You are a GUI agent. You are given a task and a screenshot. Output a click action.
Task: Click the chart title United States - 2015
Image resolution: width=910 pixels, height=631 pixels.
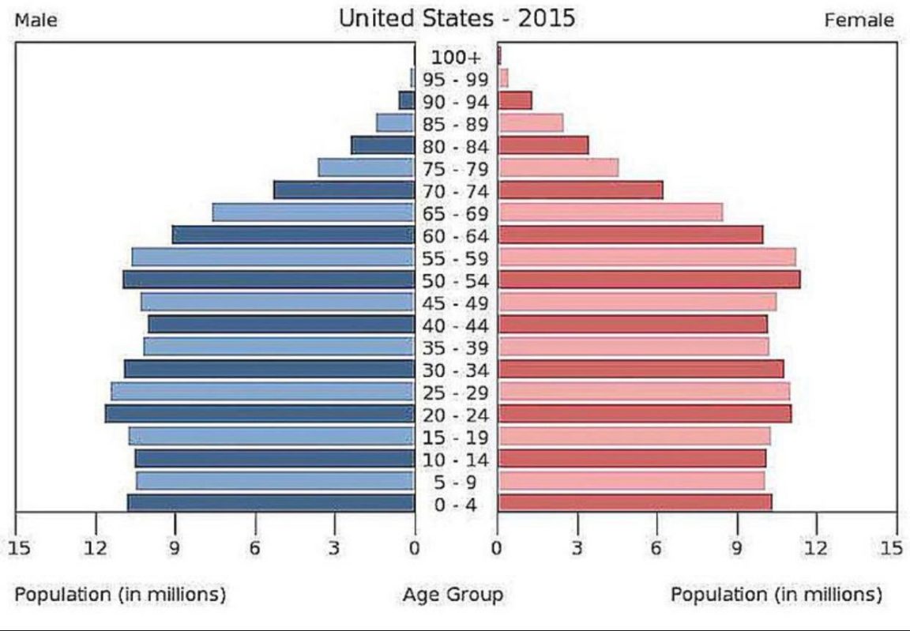(457, 18)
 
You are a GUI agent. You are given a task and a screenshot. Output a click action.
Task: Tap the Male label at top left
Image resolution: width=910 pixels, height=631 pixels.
(36, 21)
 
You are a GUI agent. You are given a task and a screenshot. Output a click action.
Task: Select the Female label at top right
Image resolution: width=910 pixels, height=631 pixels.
(859, 21)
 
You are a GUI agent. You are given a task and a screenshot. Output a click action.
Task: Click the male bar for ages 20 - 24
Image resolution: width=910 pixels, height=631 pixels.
(260, 414)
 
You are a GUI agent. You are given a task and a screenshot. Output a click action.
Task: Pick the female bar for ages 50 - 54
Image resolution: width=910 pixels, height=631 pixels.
(649, 280)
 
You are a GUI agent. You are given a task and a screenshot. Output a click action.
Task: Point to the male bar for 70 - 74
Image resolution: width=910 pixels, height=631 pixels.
(344, 190)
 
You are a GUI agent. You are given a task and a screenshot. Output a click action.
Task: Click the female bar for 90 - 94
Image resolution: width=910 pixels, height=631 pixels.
(514, 100)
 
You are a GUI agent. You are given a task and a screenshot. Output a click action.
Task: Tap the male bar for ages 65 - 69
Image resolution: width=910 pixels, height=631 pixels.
(313, 212)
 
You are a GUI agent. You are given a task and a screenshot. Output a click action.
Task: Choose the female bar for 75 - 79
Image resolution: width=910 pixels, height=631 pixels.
(558, 168)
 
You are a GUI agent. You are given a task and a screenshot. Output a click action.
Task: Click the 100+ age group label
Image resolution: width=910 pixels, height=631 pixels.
(455, 57)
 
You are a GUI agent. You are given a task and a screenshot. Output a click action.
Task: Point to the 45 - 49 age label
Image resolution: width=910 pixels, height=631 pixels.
(455, 303)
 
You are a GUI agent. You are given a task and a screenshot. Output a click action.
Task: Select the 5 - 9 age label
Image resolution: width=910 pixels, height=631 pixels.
(455, 483)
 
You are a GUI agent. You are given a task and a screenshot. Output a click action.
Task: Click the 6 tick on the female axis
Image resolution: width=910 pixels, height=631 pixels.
(656, 547)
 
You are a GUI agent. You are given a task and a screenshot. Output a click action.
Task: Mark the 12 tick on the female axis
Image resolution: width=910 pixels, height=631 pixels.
(816, 547)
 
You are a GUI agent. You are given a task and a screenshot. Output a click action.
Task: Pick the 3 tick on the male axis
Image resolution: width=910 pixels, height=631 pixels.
(334, 547)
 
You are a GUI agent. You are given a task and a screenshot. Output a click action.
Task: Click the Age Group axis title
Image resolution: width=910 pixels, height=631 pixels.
(453, 594)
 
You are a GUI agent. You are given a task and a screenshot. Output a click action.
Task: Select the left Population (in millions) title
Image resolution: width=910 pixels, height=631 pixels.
(120, 594)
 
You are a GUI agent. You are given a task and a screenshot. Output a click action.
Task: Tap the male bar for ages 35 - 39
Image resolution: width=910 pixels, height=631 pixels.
(279, 347)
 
